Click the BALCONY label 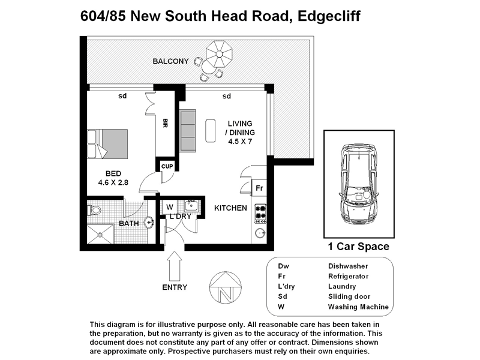coord(171,61)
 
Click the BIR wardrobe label coord(165,124)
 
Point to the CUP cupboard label coord(167,166)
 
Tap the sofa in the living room coord(188,130)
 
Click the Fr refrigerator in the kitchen coord(259,187)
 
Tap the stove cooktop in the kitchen coord(261,211)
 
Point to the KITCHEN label coord(231,208)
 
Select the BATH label coord(129,224)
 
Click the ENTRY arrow coord(175,265)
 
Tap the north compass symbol coord(226,289)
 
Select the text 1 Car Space coord(358,247)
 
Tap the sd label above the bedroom coord(122,96)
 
